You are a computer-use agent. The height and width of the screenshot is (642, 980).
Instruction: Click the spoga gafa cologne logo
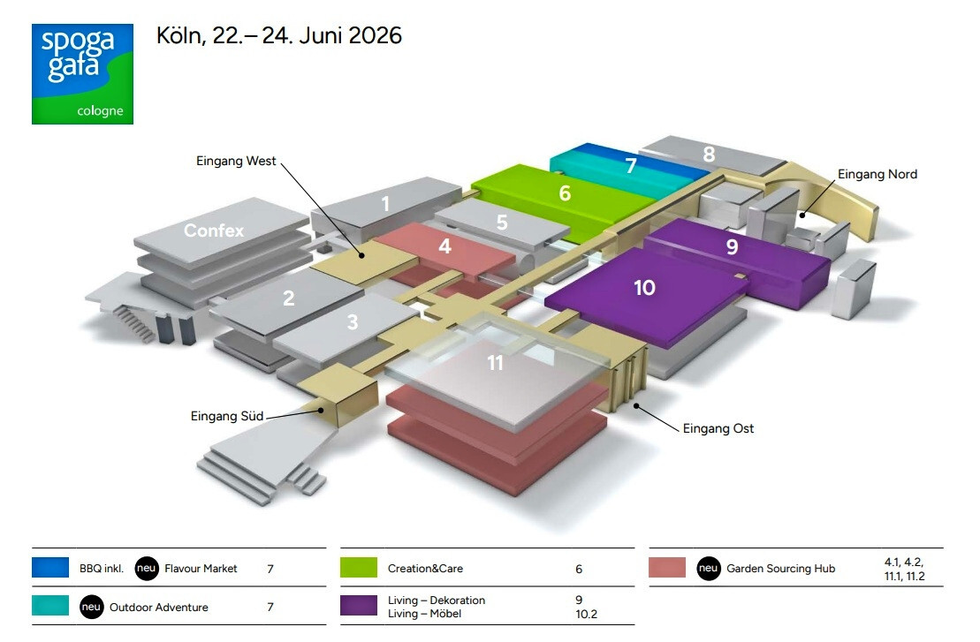click(82, 73)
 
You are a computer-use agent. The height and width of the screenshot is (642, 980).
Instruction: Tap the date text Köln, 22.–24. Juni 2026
click(278, 35)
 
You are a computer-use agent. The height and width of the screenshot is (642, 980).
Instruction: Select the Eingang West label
click(236, 161)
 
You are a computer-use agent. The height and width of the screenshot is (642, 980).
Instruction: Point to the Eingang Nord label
click(877, 174)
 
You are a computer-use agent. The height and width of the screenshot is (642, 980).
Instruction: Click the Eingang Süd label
click(227, 416)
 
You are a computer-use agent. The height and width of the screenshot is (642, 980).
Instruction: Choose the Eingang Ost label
click(718, 428)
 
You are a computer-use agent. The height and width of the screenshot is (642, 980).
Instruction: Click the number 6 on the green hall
click(565, 193)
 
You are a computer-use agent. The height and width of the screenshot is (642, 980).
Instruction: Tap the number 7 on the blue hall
click(631, 165)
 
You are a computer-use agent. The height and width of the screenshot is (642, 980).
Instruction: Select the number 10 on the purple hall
click(644, 287)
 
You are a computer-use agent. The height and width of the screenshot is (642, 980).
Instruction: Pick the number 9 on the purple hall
click(732, 246)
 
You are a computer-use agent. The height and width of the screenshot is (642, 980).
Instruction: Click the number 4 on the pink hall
click(445, 246)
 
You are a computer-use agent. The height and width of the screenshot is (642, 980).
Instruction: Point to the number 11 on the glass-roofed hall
click(495, 363)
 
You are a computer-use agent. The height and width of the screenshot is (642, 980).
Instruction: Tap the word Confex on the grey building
click(214, 230)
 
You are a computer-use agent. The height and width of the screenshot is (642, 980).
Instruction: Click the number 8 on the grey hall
click(709, 154)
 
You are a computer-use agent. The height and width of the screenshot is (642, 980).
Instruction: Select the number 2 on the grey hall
click(289, 298)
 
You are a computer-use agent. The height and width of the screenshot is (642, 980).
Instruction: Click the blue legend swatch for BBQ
click(50, 568)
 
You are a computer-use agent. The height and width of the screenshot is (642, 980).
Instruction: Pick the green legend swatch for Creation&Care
click(359, 568)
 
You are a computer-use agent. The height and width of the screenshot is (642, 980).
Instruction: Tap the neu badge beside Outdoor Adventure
click(91, 607)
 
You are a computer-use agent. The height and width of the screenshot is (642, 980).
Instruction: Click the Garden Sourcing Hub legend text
click(780, 569)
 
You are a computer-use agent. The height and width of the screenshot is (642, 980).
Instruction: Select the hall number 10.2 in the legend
click(586, 614)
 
